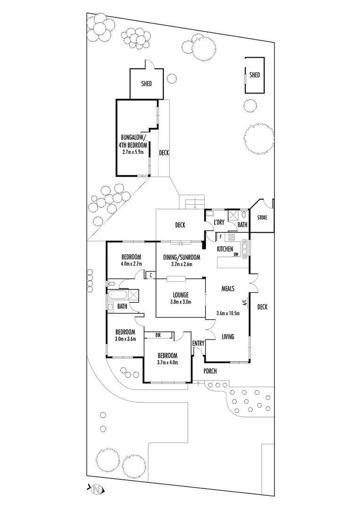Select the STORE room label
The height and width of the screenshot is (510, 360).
point(262,218)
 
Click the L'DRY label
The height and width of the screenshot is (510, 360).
point(218,222)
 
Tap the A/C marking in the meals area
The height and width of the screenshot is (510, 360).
point(244,303)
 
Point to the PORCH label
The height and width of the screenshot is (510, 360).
point(209,371)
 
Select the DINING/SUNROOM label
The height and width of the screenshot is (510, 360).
point(182,257)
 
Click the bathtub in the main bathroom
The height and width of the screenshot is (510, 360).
point(116,297)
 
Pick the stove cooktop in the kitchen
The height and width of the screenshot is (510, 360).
point(231,237)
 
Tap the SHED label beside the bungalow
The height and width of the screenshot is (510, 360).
point(147,84)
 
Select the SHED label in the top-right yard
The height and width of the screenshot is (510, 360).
point(254,75)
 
